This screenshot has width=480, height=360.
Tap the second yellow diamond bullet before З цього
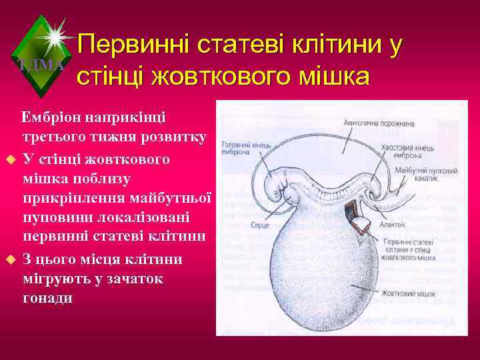click(9, 259)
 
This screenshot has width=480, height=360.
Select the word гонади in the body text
click(47, 298)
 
